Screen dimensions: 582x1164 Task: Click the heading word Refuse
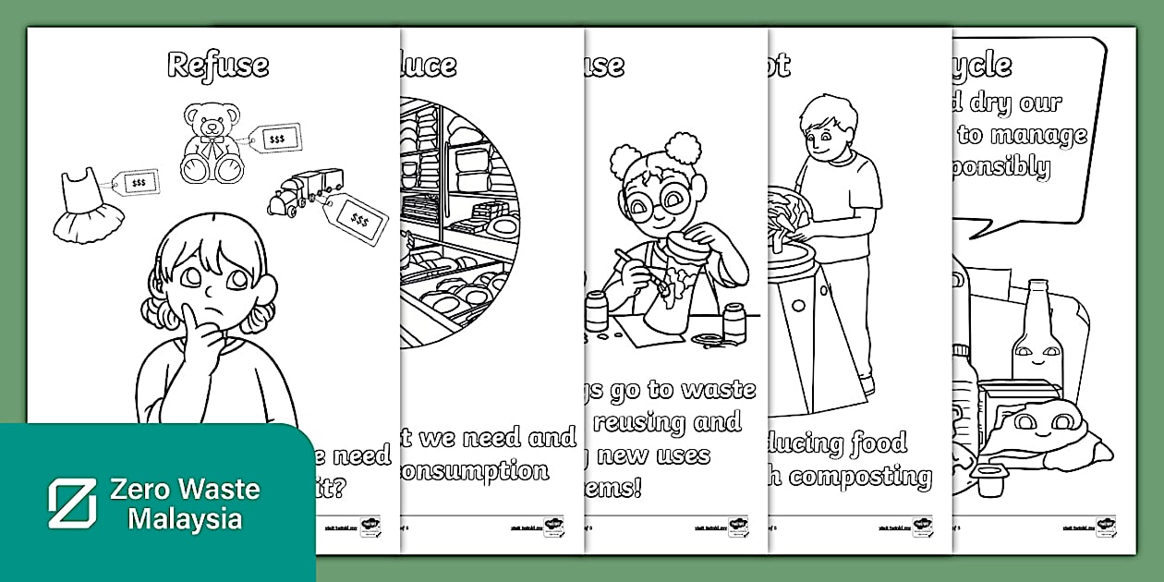(x=218, y=66)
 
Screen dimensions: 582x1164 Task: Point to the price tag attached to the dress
(x=139, y=182)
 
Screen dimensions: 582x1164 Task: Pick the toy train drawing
(x=305, y=191)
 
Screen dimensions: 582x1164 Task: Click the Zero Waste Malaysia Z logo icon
(x=72, y=503)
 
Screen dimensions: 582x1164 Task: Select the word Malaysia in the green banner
(x=185, y=519)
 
